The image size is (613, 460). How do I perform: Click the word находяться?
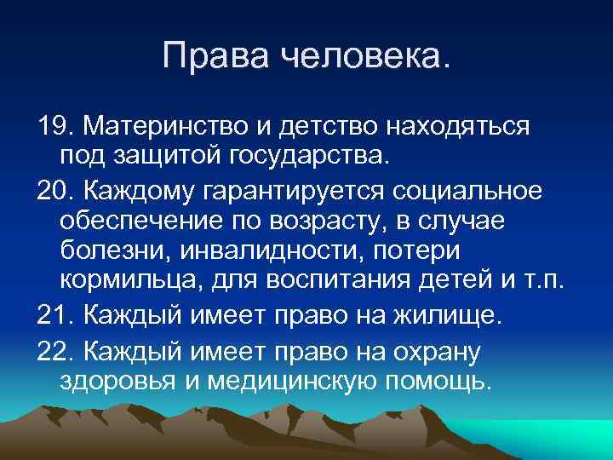tap(461, 128)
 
